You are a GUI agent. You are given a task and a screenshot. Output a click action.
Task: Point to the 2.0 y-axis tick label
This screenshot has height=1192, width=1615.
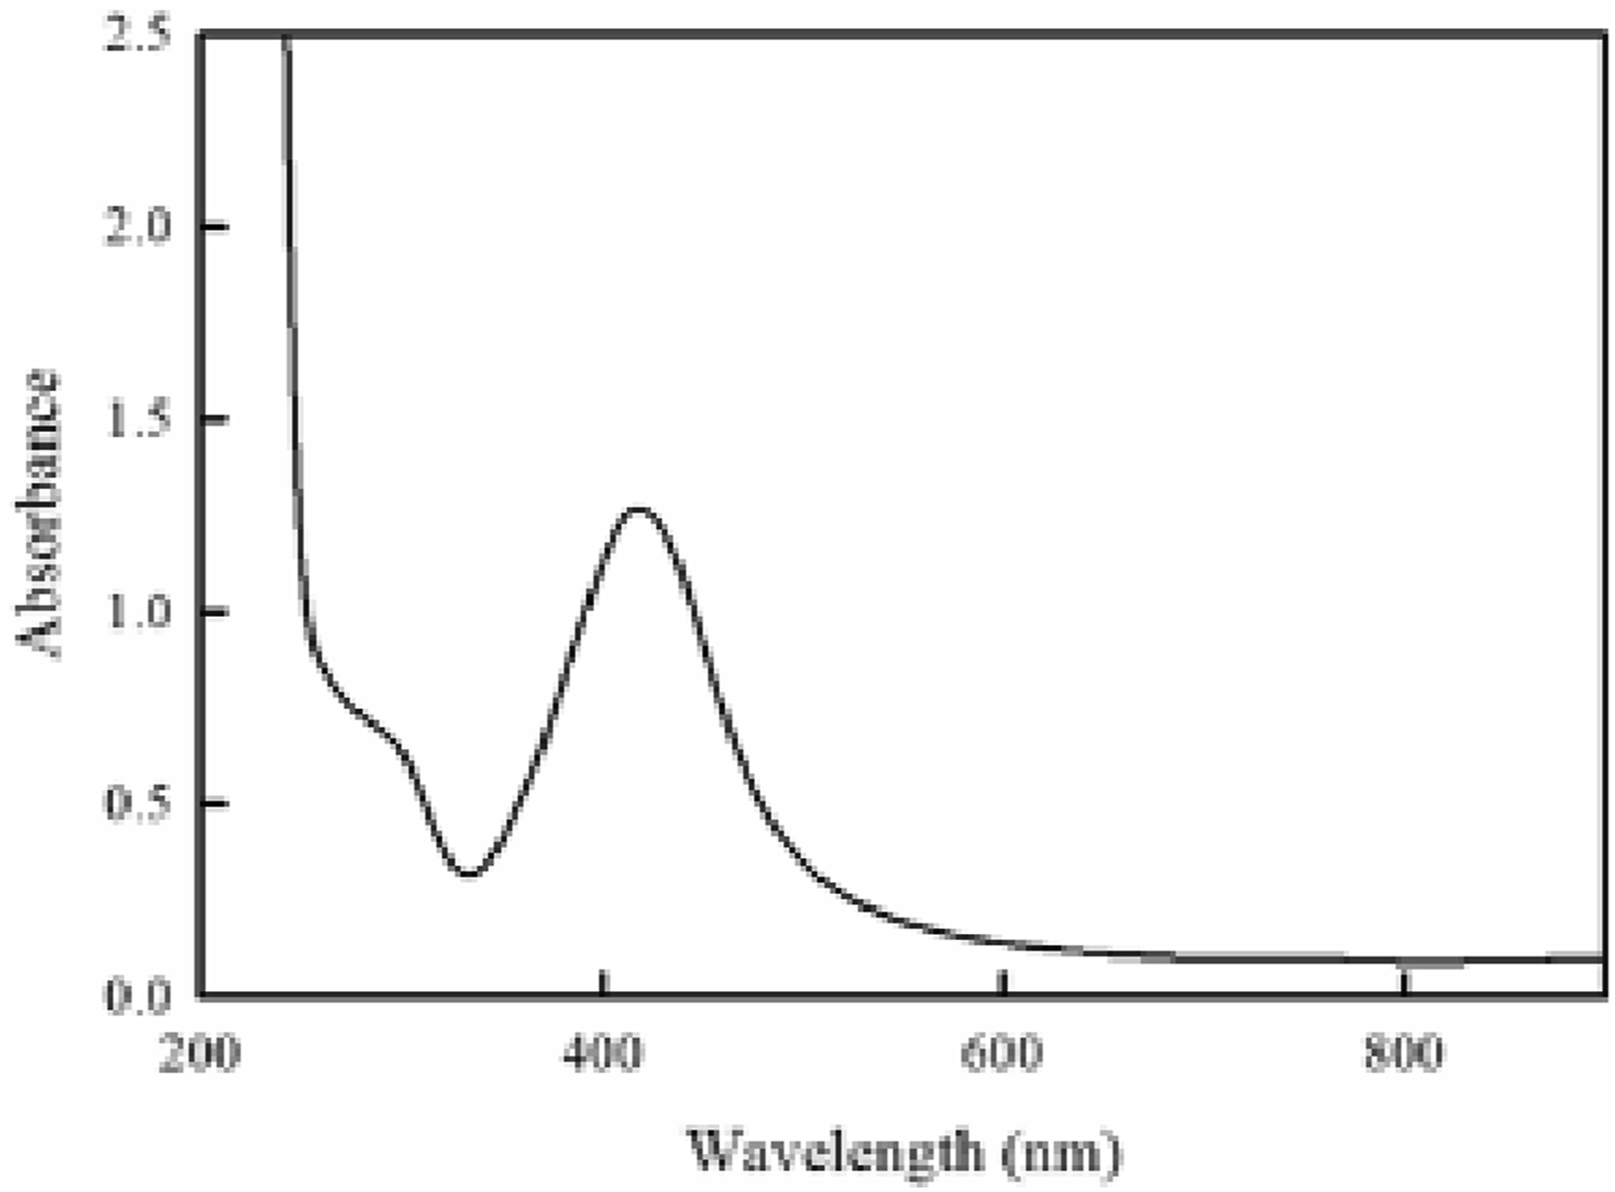137,226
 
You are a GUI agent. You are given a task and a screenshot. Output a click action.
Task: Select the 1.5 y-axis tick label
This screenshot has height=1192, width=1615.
137,419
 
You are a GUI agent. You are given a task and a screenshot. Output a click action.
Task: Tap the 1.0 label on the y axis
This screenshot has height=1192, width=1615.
137,612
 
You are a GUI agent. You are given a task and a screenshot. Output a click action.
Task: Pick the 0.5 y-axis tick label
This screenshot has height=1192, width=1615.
137,803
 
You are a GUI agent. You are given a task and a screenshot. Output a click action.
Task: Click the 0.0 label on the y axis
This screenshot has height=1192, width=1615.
137,996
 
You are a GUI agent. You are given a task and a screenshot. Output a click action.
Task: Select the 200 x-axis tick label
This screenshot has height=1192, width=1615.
199,1053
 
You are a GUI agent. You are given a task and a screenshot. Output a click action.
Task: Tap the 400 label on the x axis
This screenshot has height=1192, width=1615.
602,1053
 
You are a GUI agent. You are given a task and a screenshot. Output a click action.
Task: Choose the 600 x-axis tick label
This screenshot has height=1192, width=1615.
1002,1053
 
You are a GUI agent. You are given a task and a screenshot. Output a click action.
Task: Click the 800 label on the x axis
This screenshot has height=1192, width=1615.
1403,1053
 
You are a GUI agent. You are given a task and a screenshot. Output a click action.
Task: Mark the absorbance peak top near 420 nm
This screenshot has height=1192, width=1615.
639,509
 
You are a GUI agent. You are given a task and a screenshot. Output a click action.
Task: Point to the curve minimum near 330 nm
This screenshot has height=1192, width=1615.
469,874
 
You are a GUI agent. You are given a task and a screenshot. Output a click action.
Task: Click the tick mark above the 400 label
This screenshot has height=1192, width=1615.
602,983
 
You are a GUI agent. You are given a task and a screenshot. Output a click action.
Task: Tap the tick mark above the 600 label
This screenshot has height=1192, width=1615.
1002,983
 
